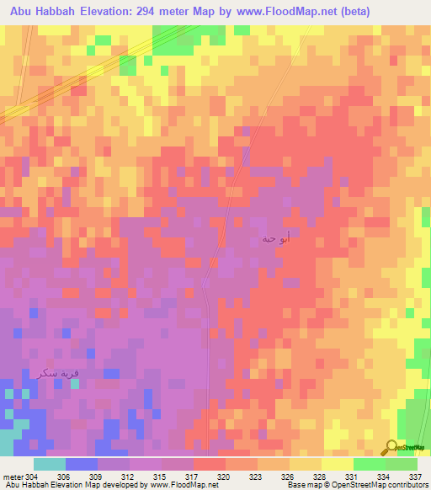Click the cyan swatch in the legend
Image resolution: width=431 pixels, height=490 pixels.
click(49, 464)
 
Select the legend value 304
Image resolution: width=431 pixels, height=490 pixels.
click(32, 476)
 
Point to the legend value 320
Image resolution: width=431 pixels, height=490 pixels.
click(225, 476)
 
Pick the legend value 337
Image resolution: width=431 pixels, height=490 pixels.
click(415, 476)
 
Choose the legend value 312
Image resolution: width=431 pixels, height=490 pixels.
click(129, 476)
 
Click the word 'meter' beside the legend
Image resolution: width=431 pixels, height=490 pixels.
click(13, 476)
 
